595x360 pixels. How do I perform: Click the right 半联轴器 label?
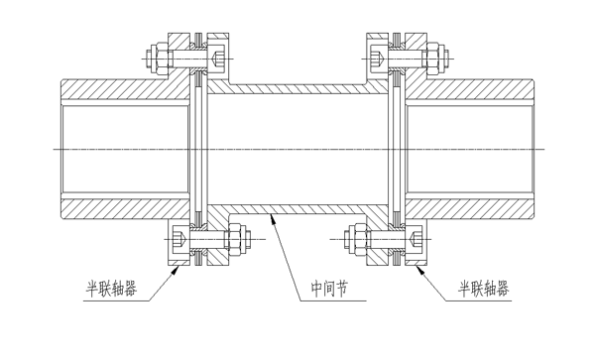point(484,290)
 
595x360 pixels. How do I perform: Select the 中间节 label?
point(331,291)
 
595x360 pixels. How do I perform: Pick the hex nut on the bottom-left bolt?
point(238,239)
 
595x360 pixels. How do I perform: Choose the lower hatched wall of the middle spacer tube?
point(297,209)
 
